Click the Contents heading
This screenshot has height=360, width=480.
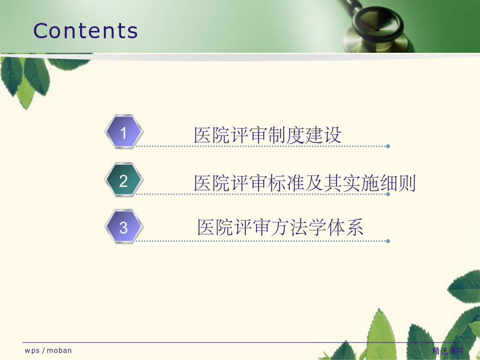tap(85, 31)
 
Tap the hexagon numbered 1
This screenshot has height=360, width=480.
tap(124, 132)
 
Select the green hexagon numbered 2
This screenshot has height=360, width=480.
tap(124, 180)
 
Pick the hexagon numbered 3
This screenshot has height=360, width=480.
tap(124, 227)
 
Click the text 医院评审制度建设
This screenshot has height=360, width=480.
tap(268, 135)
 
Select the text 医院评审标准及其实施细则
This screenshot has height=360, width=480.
tap(305, 183)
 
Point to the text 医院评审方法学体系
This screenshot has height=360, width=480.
tap(281, 227)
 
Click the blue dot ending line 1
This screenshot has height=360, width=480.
tap(388, 146)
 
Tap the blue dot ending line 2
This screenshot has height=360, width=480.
tap(388, 194)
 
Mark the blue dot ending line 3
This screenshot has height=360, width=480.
tap(388, 241)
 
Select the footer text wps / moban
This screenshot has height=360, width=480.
tap(49, 350)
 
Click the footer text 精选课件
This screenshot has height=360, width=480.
tap(448, 351)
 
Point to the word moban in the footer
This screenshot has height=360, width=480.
tap(59, 350)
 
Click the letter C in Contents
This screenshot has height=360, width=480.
tap(41, 31)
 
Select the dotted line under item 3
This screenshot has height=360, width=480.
tap(262, 241)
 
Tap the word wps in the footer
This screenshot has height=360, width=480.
tap(32, 351)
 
